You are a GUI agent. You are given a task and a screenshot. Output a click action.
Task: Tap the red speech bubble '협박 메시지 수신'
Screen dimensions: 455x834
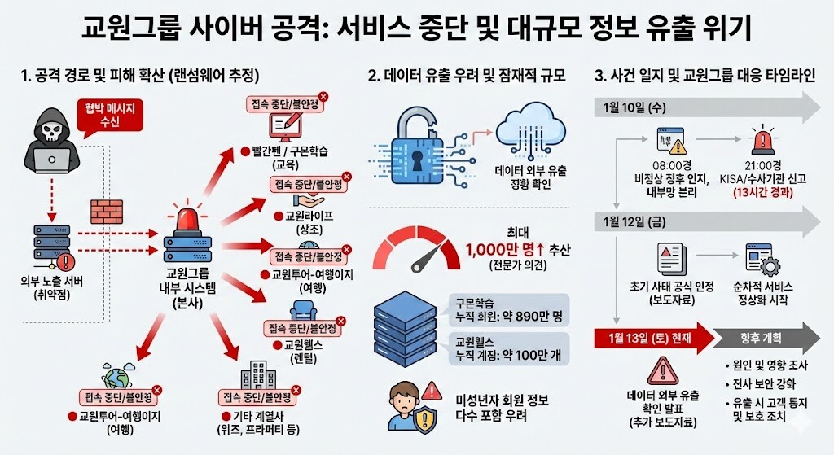click(108, 115)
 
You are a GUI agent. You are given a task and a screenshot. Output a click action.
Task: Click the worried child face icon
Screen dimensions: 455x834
click(405, 405)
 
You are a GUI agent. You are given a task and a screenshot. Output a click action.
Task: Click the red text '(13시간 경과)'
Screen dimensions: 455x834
click(763, 193)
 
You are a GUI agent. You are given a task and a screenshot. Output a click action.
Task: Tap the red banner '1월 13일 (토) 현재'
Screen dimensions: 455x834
click(651, 338)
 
